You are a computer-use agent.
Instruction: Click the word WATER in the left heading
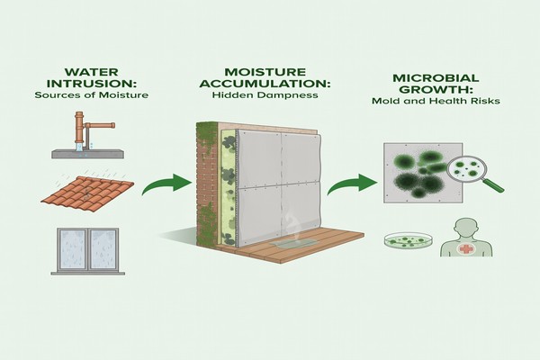[x=91, y=72]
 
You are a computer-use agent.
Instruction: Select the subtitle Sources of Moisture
[x=92, y=95]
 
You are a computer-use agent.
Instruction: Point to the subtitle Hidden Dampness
[x=265, y=95]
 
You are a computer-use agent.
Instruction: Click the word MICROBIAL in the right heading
[x=436, y=78]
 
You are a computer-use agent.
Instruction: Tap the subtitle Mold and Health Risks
[x=436, y=101]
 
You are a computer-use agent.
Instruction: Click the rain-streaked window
[x=88, y=249]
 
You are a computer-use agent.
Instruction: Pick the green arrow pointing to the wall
[x=166, y=184]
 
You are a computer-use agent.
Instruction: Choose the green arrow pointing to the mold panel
[x=352, y=184]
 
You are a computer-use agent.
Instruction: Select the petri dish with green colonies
[x=409, y=240]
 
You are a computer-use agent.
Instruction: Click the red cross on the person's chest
[x=465, y=248]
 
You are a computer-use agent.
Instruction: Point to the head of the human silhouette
[x=466, y=228]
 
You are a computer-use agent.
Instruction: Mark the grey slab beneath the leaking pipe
[x=87, y=154]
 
